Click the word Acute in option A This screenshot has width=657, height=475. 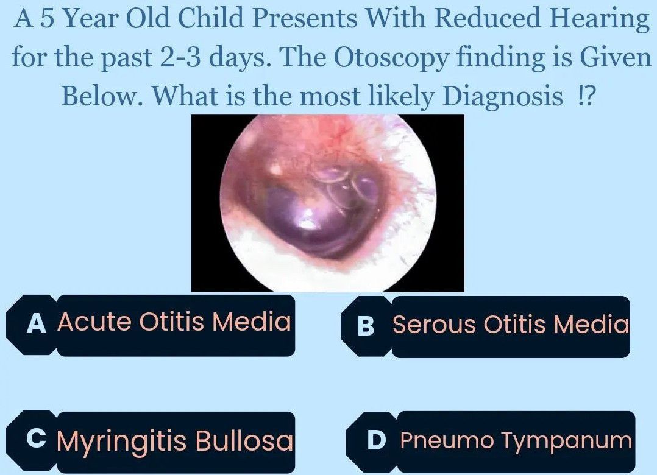pyautogui.click(x=94, y=322)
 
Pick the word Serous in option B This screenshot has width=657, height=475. pyautogui.click(x=435, y=324)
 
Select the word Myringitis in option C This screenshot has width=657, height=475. pyautogui.click(x=121, y=441)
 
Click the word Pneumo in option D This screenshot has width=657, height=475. pyautogui.click(x=447, y=440)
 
